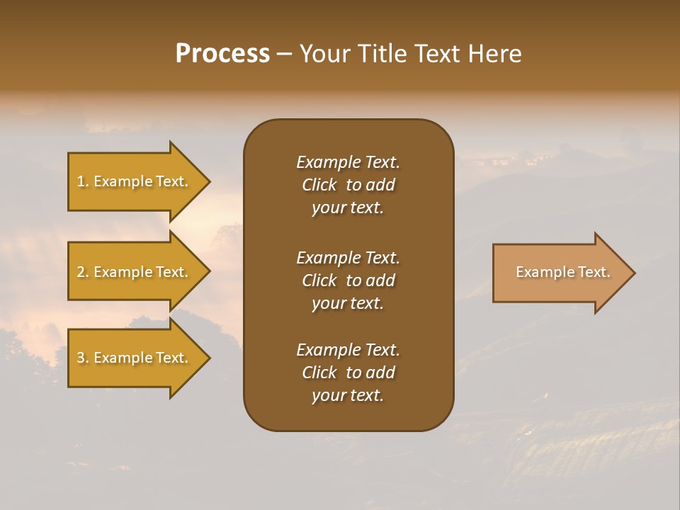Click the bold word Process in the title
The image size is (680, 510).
[222, 54]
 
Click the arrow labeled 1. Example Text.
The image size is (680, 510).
[135, 181]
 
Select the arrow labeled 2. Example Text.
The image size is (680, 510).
[135, 272]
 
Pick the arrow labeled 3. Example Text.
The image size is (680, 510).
[135, 358]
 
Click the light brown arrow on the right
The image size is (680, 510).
[560, 273]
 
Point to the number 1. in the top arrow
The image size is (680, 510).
[82, 181]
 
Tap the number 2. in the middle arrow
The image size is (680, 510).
[82, 272]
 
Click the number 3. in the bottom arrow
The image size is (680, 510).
[82, 358]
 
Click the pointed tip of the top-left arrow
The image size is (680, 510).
[208, 181]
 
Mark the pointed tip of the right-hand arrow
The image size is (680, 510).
[633, 273]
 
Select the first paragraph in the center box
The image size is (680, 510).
[348, 185]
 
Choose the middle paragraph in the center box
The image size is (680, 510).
[348, 280]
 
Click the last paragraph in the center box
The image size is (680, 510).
[348, 373]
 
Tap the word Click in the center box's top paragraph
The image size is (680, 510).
[319, 185]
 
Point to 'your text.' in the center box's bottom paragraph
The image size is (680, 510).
[348, 395]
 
